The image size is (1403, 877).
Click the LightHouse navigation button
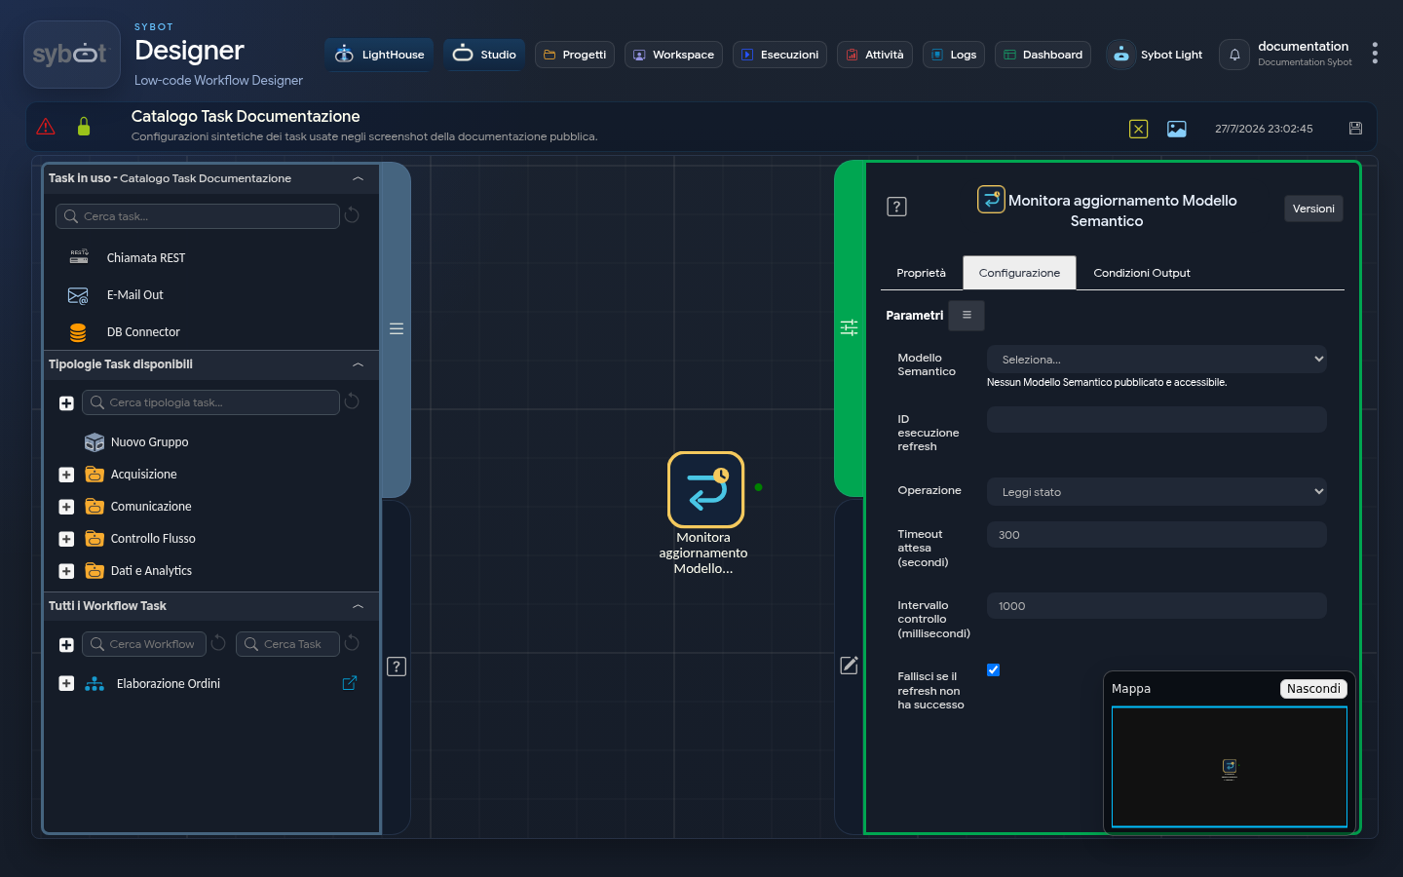pos(379,55)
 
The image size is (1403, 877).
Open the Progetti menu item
pos(575,55)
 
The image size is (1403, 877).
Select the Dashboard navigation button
pos(1043,55)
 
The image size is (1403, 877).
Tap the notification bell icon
pos(1233,55)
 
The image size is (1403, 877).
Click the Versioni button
pos(1312,209)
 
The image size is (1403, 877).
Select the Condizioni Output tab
pos(1141,273)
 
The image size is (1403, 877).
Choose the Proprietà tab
pos(921,273)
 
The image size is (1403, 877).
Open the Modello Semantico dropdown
pos(1157,360)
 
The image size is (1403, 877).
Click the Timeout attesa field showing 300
pos(1157,535)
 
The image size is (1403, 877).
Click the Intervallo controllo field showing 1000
pos(1157,606)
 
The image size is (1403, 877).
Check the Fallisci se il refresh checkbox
pos(993,670)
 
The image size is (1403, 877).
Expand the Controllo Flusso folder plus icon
pos(66,539)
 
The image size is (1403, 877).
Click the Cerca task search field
pos(197,216)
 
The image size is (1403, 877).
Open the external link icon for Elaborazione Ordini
pos(350,683)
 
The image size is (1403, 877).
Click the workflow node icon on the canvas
pos(705,489)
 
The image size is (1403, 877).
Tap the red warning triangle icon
pos(46,127)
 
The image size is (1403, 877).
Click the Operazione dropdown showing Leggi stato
pos(1157,492)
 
